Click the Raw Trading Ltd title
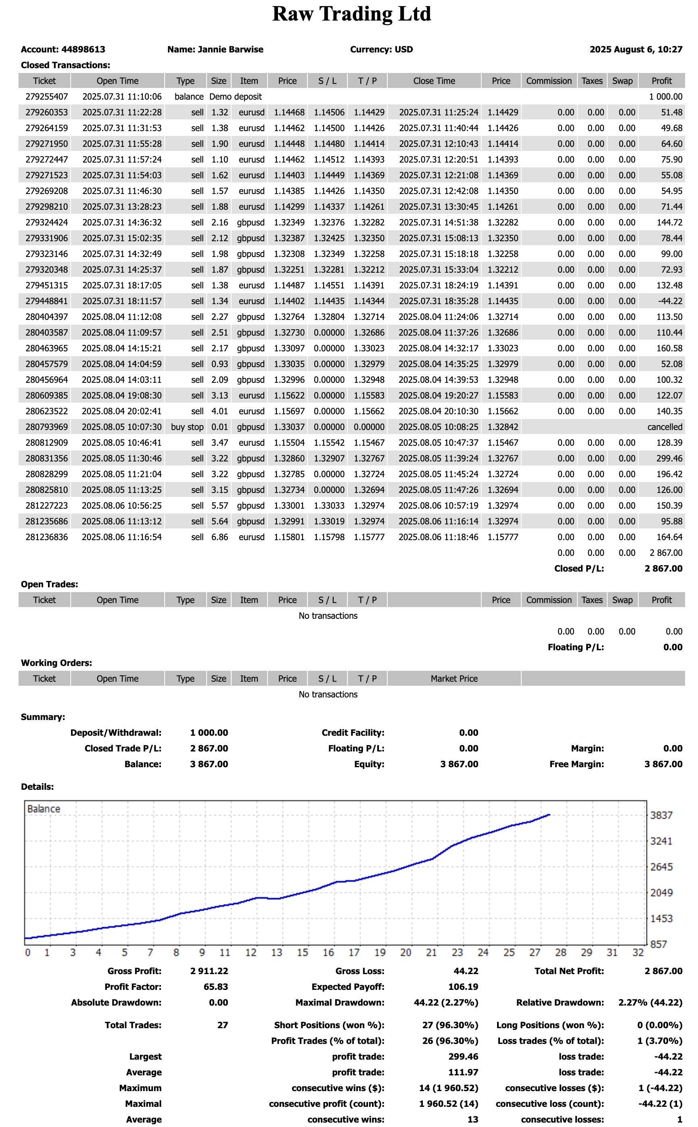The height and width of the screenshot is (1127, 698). pyautogui.click(x=351, y=14)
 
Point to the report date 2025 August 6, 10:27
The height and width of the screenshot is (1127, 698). pyautogui.click(x=636, y=49)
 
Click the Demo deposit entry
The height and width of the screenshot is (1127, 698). pyautogui.click(x=236, y=96)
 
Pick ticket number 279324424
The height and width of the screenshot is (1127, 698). pyautogui.click(x=47, y=222)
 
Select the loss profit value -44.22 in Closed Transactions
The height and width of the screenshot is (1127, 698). pyautogui.click(x=670, y=301)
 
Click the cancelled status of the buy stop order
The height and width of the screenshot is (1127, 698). pyautogui.click(x=664, y=427)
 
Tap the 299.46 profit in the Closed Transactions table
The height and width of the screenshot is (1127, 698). pyautogui.click(x=669, y=458)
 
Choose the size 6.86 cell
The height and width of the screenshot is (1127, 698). pyautogui.click(x=220, y=537)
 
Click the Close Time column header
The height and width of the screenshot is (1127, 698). pyautogui.click(x=434, y=81)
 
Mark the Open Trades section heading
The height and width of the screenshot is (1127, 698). pyautogui.click(x=49, y=584)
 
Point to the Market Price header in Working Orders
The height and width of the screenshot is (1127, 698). pyautogui.click(x=454, y=678)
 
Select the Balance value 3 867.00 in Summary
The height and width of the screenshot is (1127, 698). pyautogui.click(x=209, y=764)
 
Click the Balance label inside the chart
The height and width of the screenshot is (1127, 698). pyautogui.click(x=44, y=809)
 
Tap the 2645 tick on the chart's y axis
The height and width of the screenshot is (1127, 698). pyautogui.click(x=661, y=867)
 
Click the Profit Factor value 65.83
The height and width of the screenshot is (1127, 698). pyautogui.click(x=215, y=987)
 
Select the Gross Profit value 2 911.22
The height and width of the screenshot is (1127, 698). pyautogui.click(x=209, y=971)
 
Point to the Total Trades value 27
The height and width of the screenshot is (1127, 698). pyautogui.click(x=222, y=1025)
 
